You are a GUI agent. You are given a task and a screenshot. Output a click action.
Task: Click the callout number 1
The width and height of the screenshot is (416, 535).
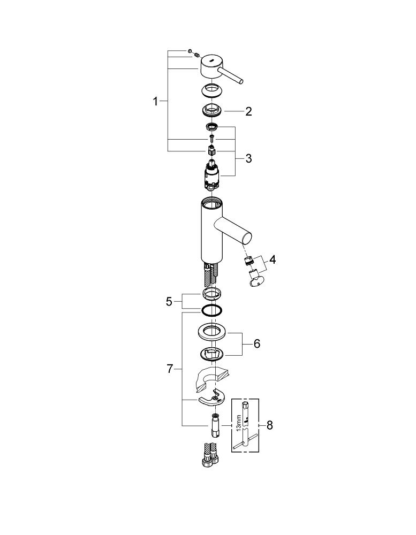tap(155, 101)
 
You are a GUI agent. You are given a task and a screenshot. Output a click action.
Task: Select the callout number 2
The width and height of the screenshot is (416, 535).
tap(248, 111)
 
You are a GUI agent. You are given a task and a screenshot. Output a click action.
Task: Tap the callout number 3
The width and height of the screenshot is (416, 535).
tap(248, 158)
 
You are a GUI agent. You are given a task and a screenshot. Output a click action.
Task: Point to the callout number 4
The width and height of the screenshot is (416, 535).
tap(272, 259)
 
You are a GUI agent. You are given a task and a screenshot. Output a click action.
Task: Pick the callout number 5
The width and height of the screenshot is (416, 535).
tap(169, 302)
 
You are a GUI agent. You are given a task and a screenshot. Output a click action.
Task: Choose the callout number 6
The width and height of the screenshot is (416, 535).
tap(257, 343)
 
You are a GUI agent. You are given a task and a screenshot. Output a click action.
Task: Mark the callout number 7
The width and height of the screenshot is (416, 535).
tap(170, 369)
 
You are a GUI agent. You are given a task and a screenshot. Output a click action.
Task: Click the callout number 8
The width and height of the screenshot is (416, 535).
tap(269, 425)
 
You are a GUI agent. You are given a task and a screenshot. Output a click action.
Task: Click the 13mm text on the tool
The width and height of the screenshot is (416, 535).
tap(239, 423)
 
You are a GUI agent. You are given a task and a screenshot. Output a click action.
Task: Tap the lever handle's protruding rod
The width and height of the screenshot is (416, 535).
tap(232, 75)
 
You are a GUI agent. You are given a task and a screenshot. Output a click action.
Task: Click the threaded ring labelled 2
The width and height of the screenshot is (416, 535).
tap(212, 110)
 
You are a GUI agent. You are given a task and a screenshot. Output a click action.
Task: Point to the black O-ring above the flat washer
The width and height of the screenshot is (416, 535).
tap(212, 310)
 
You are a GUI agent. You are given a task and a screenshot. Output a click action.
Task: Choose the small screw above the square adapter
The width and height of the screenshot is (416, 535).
tap(211, 139)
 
